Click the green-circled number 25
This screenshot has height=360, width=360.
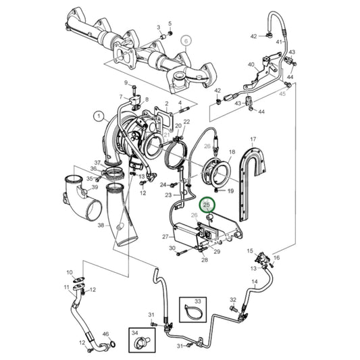(x=207, y=204)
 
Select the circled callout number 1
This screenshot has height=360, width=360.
(x=101, y=116)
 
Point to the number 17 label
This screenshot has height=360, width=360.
(x=254, y=140)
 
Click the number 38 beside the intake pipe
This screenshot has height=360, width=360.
(x=101, y=225)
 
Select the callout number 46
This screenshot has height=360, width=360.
(x=105, y=334)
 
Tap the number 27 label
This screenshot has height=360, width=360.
(x=163, y=236)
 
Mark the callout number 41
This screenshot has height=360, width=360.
(x=278, y=42)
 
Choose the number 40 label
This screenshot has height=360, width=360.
(x=251, y=65)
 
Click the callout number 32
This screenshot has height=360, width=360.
(x=232, y=300)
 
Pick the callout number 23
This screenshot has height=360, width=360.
(x=169, y=195)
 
